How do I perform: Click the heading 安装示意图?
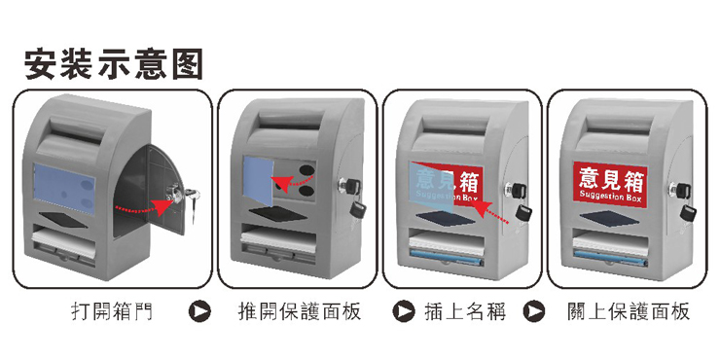(x=114, y=65)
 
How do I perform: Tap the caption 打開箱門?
(x=112, y=311)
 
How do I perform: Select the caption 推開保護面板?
(x=300, y=311)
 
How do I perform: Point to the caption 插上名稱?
(x=465, y=311)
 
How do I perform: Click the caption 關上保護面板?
(x=629, y=311)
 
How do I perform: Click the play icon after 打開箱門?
(x=199, y=311)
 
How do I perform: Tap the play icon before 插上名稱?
(x=404, y=311)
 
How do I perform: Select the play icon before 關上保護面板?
(x=533, y=311)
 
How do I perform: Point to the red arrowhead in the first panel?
(x=161, y=207)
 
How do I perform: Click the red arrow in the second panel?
(x=293, y=182)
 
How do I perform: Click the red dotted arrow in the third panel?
(x=490, y=212)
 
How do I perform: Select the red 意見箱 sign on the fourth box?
(x=610, y=184)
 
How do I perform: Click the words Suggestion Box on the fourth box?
(x=610, y=197)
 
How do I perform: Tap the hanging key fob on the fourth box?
(x=688, y=213)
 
